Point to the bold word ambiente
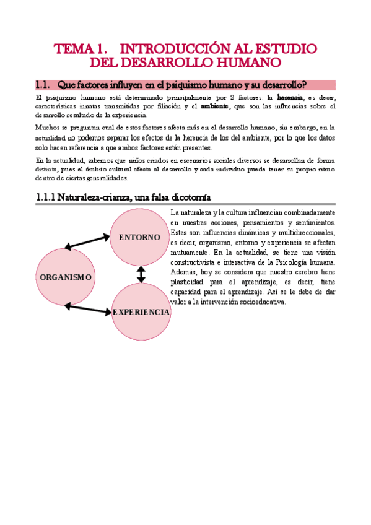point(215,106)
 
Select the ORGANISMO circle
point(65,277)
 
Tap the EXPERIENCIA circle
point(141,312)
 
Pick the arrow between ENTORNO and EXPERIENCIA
point(141,274)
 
